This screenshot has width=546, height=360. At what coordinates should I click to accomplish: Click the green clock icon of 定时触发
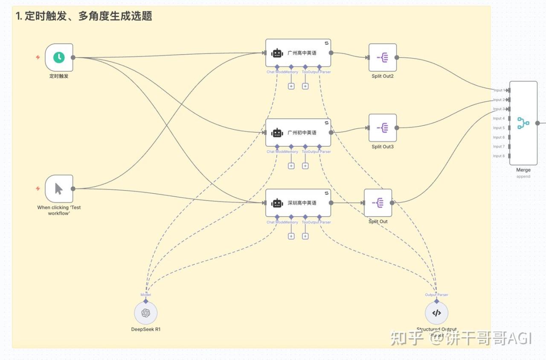pos(59,57)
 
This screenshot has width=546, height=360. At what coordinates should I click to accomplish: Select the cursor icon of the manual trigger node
pos(59,189)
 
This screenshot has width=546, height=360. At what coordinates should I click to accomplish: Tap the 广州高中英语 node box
pos(298,53)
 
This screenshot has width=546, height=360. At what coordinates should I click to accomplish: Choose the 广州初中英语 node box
pos(298,133)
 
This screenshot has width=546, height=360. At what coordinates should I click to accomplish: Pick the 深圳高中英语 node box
pos(298,203)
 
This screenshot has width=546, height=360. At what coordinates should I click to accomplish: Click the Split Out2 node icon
pos(383,58)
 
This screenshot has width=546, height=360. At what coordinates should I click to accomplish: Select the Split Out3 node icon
pos(383,128)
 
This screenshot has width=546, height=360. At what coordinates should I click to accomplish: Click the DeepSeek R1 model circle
pos(146,313)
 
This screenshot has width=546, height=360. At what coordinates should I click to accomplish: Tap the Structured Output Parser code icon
pos(436,313)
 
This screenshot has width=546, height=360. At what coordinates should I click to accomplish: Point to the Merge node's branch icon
pos(523,123)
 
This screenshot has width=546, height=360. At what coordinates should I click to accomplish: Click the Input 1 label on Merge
pos(499,90)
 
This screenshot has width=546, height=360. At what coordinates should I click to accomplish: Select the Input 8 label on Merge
pos(499,156)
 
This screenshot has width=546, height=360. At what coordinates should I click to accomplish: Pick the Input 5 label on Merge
pos(499,128)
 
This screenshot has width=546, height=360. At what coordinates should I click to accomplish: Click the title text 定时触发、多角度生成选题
pos(84,16)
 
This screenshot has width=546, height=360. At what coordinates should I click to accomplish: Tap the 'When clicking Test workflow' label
pos(59,210)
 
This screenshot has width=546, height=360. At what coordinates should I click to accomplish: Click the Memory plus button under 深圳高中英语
pos(291,236)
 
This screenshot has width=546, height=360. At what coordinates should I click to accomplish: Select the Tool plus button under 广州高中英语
pos(305,86)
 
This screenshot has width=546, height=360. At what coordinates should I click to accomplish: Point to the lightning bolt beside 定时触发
pos(38,57)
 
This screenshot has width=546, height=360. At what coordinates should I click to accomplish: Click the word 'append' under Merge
pos(523,176)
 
